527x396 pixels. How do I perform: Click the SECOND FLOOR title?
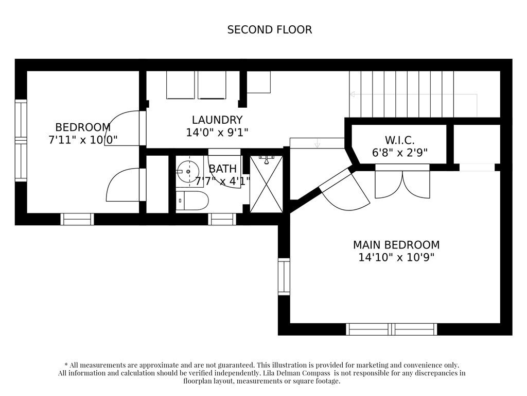click(270, 29)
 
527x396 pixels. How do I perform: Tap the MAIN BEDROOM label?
click(396, 245)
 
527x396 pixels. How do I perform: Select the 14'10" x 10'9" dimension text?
click(396, 258)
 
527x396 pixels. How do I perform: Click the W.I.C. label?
click(399, 140)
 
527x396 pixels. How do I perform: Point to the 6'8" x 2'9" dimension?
click(399, 153)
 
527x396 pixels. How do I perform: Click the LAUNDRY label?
click(217, 120)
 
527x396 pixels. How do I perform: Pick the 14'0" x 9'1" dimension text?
click(217, 133)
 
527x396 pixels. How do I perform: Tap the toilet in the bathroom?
click(192, 201)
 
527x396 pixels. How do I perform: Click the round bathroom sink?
click(187, 171)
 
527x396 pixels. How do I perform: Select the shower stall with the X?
click(267, 184)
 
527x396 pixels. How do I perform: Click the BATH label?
click(223, 169)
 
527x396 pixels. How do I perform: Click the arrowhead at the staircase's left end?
click(352, 94)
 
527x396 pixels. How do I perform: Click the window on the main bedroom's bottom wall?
click(392, 329)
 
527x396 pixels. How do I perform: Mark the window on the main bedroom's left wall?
click(284, 277)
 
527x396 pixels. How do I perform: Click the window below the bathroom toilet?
click(222, 219)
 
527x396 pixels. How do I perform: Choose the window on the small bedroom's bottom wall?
click(77, 219)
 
